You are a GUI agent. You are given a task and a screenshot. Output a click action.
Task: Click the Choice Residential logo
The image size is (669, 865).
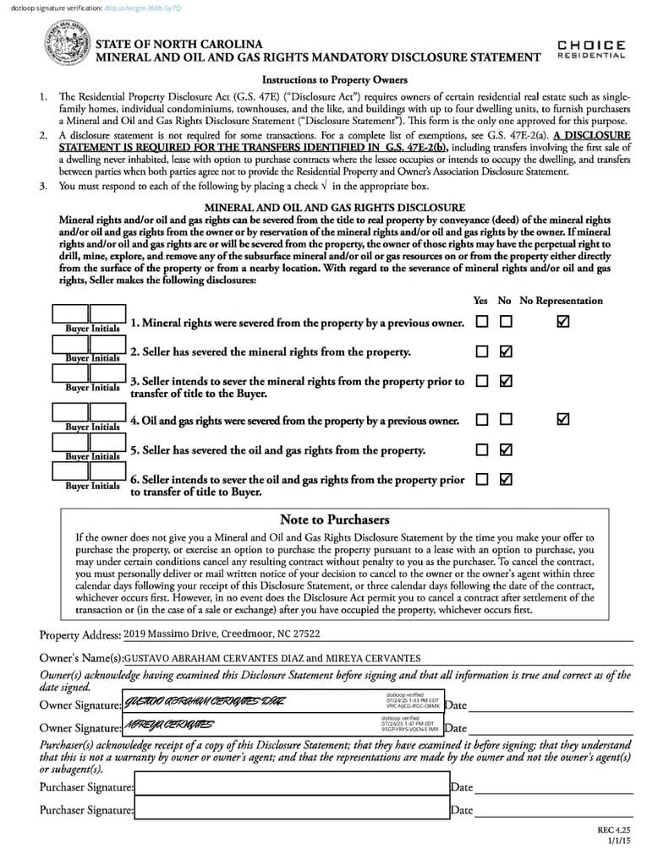point(591,49)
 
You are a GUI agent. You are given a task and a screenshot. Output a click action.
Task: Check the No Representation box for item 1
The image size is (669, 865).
point(563,322)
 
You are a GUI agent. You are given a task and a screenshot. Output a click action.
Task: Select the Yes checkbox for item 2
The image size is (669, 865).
point(482,351)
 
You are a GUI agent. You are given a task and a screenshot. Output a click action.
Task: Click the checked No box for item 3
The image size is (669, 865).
point(506,381)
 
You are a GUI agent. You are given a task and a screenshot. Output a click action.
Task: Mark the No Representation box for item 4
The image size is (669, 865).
point(563,419)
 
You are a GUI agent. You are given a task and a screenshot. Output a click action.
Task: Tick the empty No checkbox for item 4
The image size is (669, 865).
point(506,419)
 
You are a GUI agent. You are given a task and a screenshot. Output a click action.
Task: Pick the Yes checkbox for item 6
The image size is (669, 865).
point(482,479)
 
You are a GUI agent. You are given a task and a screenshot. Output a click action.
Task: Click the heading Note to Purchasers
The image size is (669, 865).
point(334,520)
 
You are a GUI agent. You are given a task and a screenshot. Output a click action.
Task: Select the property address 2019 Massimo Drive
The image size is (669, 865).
point(222,634)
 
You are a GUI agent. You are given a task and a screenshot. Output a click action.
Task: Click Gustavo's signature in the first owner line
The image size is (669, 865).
point(205,702)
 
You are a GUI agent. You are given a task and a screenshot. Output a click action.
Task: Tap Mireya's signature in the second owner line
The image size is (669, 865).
point(169,725)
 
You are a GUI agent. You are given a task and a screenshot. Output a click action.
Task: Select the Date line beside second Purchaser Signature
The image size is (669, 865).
point(553,810)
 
